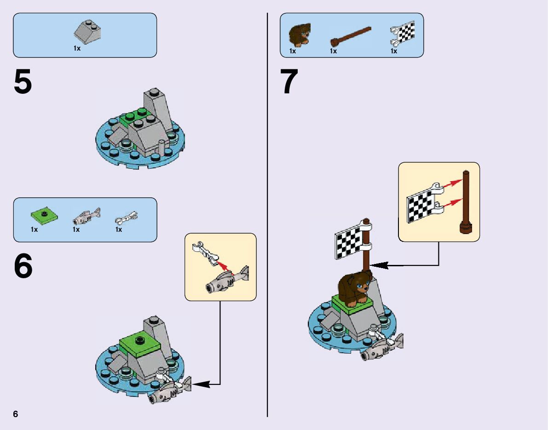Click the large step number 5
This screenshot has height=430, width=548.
pos(23,83)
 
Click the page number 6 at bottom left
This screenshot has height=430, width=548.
pos(16,414)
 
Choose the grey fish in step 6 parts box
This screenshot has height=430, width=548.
pos(87,215)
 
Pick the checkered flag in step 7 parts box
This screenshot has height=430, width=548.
pos(404,34)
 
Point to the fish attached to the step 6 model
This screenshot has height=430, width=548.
pos(169,391)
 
